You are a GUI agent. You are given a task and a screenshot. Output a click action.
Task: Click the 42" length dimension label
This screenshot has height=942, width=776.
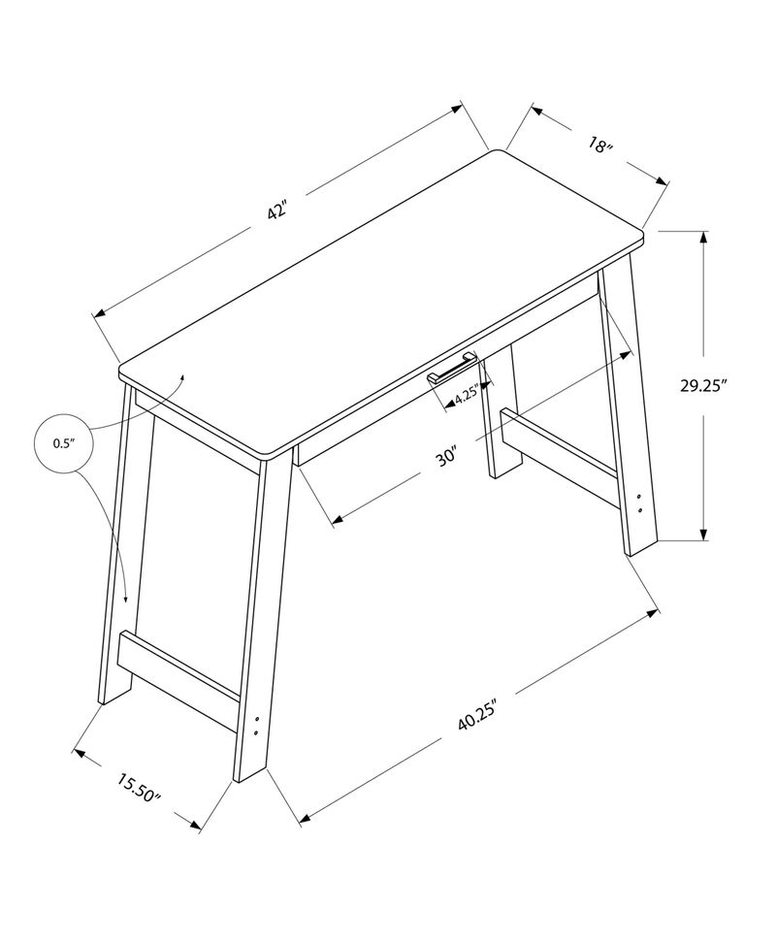pos(278,211)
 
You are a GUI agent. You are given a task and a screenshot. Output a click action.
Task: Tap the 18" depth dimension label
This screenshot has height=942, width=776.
pos(600,147)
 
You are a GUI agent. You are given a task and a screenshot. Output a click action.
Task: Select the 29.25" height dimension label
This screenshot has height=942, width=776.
pos(730,385)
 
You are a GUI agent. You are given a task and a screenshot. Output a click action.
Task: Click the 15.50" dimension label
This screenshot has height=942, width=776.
pos(139,787)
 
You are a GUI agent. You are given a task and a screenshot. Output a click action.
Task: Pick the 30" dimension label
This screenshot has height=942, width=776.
pos(446,456)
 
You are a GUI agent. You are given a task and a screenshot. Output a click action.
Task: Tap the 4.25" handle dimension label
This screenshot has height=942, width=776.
pos(467,395)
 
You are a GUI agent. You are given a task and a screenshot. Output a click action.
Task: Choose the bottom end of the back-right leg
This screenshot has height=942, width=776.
pos(501,470)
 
